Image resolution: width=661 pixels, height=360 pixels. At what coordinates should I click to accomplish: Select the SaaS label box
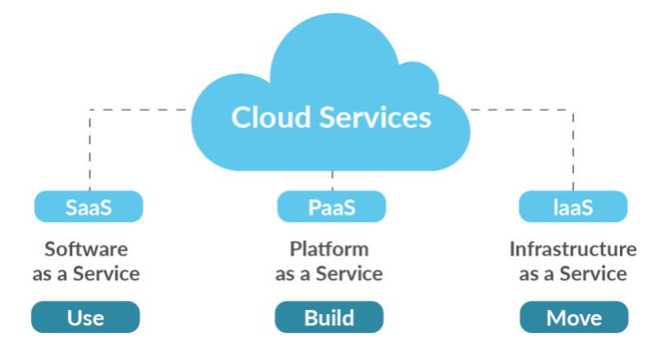click(x=88, y=207)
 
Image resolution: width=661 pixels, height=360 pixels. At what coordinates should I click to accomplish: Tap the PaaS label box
click(x=331, y=207)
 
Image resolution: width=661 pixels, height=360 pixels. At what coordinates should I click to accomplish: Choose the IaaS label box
click(x=573, y=207)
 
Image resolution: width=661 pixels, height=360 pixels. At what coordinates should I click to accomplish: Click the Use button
click(x=86, y=317)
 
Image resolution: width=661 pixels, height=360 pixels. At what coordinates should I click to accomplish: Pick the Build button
click(x=329, y=317)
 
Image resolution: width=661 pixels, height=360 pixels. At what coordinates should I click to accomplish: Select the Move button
click(x=574, y=317)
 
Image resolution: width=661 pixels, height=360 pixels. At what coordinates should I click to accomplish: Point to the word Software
click(x=86, y=249)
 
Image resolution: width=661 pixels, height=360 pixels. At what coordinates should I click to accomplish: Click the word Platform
click(x=329, y=249)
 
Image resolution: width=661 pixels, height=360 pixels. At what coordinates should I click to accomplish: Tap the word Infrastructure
click(x=573, y=249)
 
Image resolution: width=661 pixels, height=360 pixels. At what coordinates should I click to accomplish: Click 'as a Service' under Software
click(x=86, y=274)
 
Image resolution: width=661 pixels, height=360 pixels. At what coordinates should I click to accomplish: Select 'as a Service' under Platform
click(x=329, y=274)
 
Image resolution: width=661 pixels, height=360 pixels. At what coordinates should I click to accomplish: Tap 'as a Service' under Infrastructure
click(x=573, y=274)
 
